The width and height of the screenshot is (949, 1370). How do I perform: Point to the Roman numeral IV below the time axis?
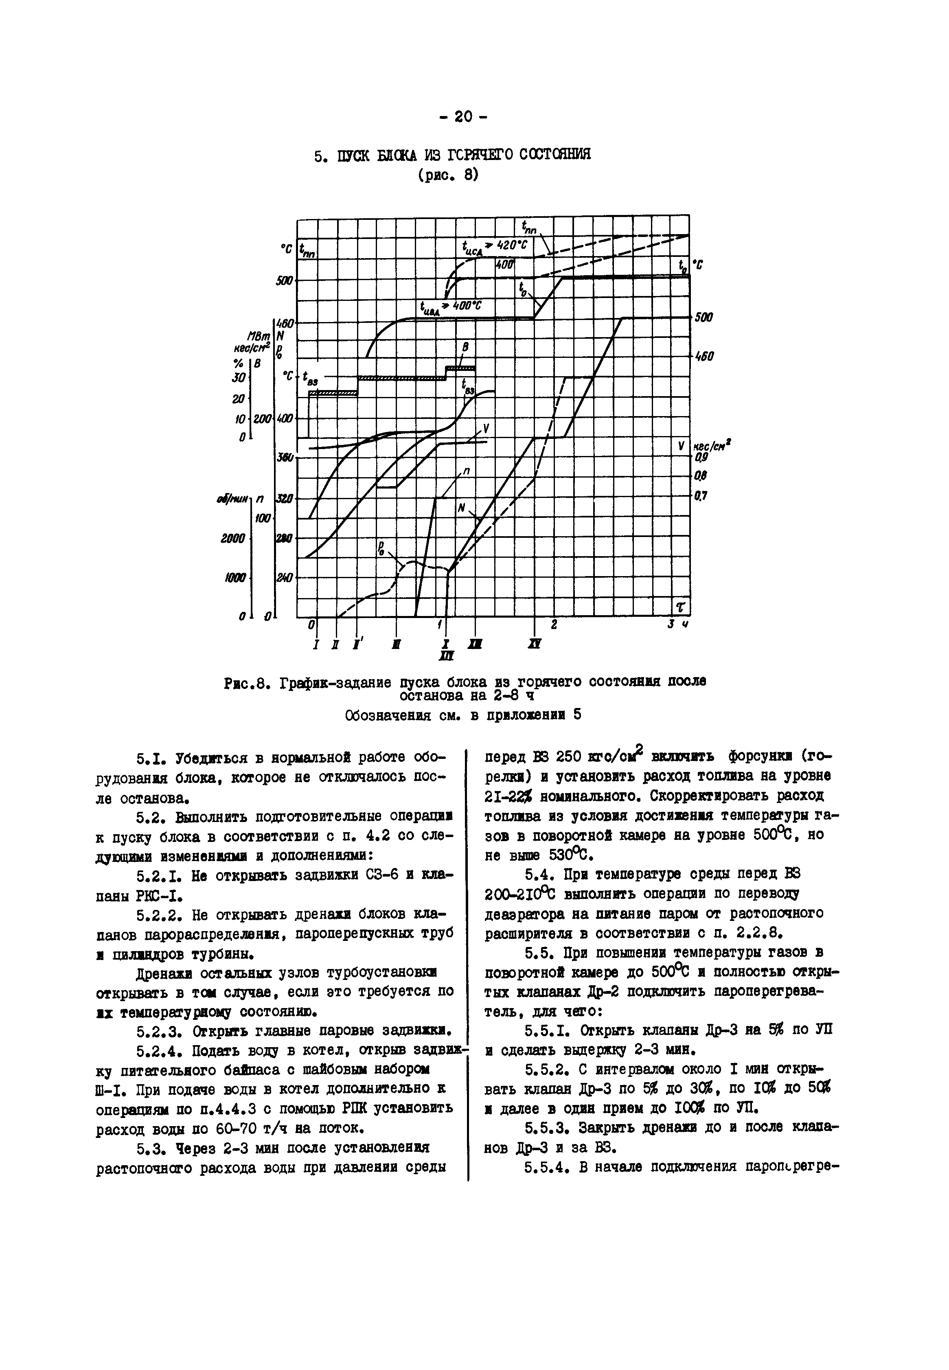click(x=534, y=644)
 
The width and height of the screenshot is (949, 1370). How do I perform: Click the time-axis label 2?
click(x=554, y=625)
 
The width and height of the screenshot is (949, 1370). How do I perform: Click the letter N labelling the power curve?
click(x=461, y=507)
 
